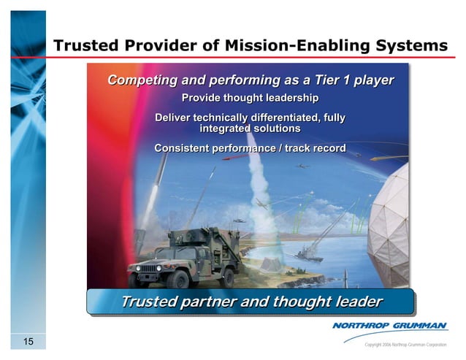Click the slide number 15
click(28, 342)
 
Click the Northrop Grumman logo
click(391, 326)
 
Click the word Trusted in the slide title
click(86, 47)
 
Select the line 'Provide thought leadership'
click(250, 98)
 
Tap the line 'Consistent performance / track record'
click(250, 149)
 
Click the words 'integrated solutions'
click(250, 129)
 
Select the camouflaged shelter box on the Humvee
click(204, 237)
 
